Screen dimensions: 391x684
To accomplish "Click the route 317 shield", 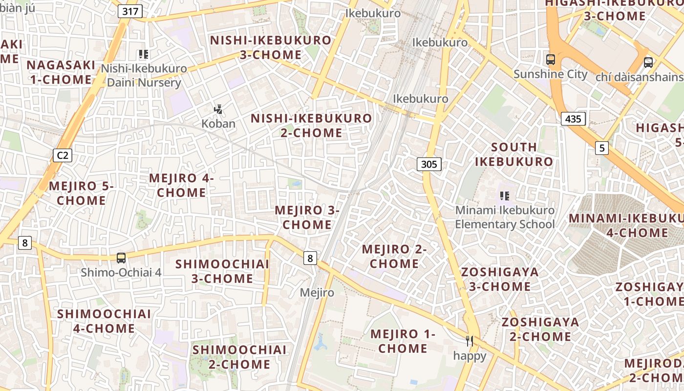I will (130, 11).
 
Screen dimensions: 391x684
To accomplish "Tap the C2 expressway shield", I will (63, 155).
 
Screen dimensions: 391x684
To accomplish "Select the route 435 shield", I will (573, 119).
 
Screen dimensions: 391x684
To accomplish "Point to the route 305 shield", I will (429, 164).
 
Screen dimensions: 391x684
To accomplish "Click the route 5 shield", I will (602, 148).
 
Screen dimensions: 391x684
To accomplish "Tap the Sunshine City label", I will (550, 74).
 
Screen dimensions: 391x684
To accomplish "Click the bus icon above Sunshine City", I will (551, 60).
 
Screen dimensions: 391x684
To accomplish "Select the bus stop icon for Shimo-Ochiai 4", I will (121, 258).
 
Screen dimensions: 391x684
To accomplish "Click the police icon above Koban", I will (218, 109).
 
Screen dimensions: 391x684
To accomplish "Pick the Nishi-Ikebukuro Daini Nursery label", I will (144, 75).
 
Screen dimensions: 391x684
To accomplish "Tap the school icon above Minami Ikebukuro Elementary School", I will (505, 196).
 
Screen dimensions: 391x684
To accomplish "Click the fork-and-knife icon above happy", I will (470, 341).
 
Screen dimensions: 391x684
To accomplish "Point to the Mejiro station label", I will (317, 292).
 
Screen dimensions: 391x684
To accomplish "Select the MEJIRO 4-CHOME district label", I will (181, 185).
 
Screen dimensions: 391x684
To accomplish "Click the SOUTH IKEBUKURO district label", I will (514, 154).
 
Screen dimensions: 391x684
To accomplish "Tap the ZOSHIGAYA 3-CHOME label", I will (500, 279).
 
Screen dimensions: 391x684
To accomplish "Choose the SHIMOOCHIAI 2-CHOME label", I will (239, 357).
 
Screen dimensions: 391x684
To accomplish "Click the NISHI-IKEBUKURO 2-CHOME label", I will (311, 125).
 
